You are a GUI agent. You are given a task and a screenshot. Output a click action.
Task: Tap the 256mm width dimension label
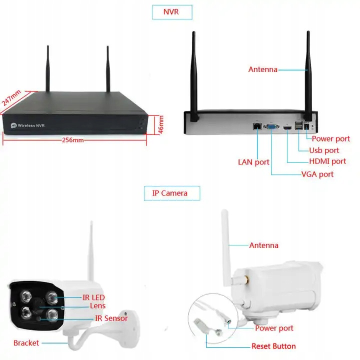(73, 140)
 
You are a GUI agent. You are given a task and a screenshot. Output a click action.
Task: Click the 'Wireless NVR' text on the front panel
(31, 125)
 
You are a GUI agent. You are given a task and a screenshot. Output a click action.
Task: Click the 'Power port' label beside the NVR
(330, 139)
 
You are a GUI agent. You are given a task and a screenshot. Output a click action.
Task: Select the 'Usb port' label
(324, 150)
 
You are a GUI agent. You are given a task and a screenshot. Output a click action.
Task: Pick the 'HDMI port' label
(327, 161)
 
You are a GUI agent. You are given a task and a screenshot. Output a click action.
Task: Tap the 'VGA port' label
(317, 174)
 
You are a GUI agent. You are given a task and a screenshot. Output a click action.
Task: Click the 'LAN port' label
(253, 162)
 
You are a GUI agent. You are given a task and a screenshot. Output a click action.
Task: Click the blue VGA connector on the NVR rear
(272, 128)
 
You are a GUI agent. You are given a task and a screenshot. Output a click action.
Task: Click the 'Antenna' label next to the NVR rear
(262, 69)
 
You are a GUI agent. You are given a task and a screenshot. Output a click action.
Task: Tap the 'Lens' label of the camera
(97, 305)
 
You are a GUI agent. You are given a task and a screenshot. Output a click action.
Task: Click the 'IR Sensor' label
(111, 318)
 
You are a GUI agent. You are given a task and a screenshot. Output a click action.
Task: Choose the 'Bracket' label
(26, 343)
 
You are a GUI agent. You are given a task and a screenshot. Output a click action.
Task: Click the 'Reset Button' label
(273, 346)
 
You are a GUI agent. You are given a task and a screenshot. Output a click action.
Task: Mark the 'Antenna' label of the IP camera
(263, 245)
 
